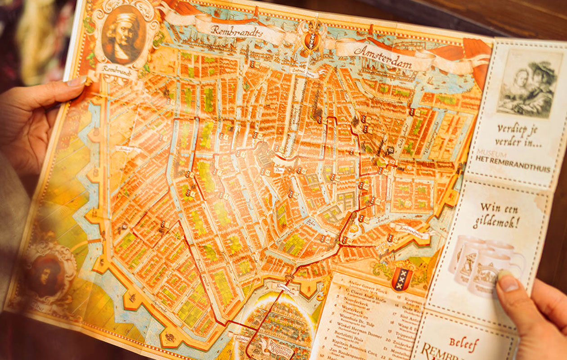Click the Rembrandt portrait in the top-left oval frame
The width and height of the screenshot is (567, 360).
click(x=122, y=35)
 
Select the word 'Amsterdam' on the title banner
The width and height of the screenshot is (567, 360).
click(x=383, y=57)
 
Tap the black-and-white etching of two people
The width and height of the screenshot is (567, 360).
click(x=530, y=84)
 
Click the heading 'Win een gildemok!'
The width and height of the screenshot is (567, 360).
click(x=498, y=215)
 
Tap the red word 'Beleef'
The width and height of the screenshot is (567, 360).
click(x=464, y=344)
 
